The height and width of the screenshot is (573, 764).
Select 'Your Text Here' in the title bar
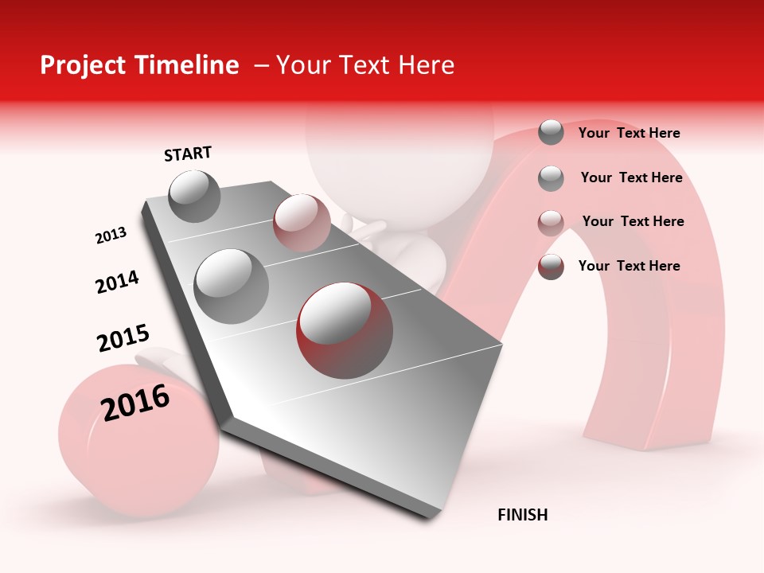tap(365, 65)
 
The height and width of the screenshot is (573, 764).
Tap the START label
tap(188, 154)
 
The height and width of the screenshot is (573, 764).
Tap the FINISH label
tap(522, 515)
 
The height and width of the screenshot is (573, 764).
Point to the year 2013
tap(111, 236)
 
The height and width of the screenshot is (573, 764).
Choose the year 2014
tap(117, 282)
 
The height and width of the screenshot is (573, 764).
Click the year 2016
tap(135, 403)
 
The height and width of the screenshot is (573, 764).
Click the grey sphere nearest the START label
tap(194, 196)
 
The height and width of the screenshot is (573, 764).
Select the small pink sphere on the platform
tap(302, 222)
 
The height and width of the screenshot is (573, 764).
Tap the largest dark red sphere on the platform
tap(345, 330)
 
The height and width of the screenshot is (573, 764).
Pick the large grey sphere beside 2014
tap(231, 286)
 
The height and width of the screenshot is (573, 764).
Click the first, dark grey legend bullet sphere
tap(551, 132)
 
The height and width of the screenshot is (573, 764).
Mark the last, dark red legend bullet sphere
tap(551, 267)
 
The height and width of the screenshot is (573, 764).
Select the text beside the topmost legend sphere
tap(629, 133)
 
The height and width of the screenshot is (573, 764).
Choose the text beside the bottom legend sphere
tap(629, 266)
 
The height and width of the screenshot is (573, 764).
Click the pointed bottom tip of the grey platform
tap(429, 515)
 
